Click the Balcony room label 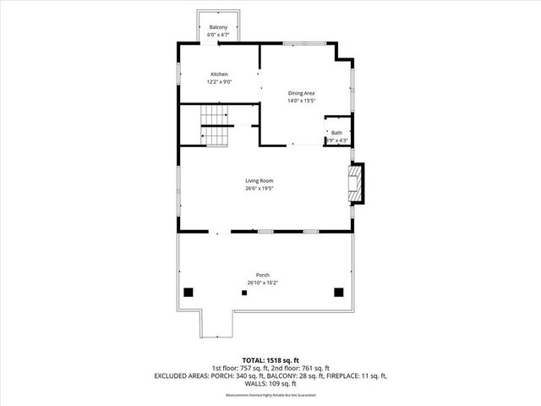point(218,28)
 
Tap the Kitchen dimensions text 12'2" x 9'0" point(220,82)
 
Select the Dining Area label point(303,94)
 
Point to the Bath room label point(336,133)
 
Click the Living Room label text point(260,180)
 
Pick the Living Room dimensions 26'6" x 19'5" point(260,189)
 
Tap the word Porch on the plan point(263,275)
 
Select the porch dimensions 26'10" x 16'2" point(263,283)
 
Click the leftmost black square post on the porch point(189,292)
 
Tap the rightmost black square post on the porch point(339,292)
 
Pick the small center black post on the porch point(244,293)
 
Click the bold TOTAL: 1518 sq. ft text point(270,359)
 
